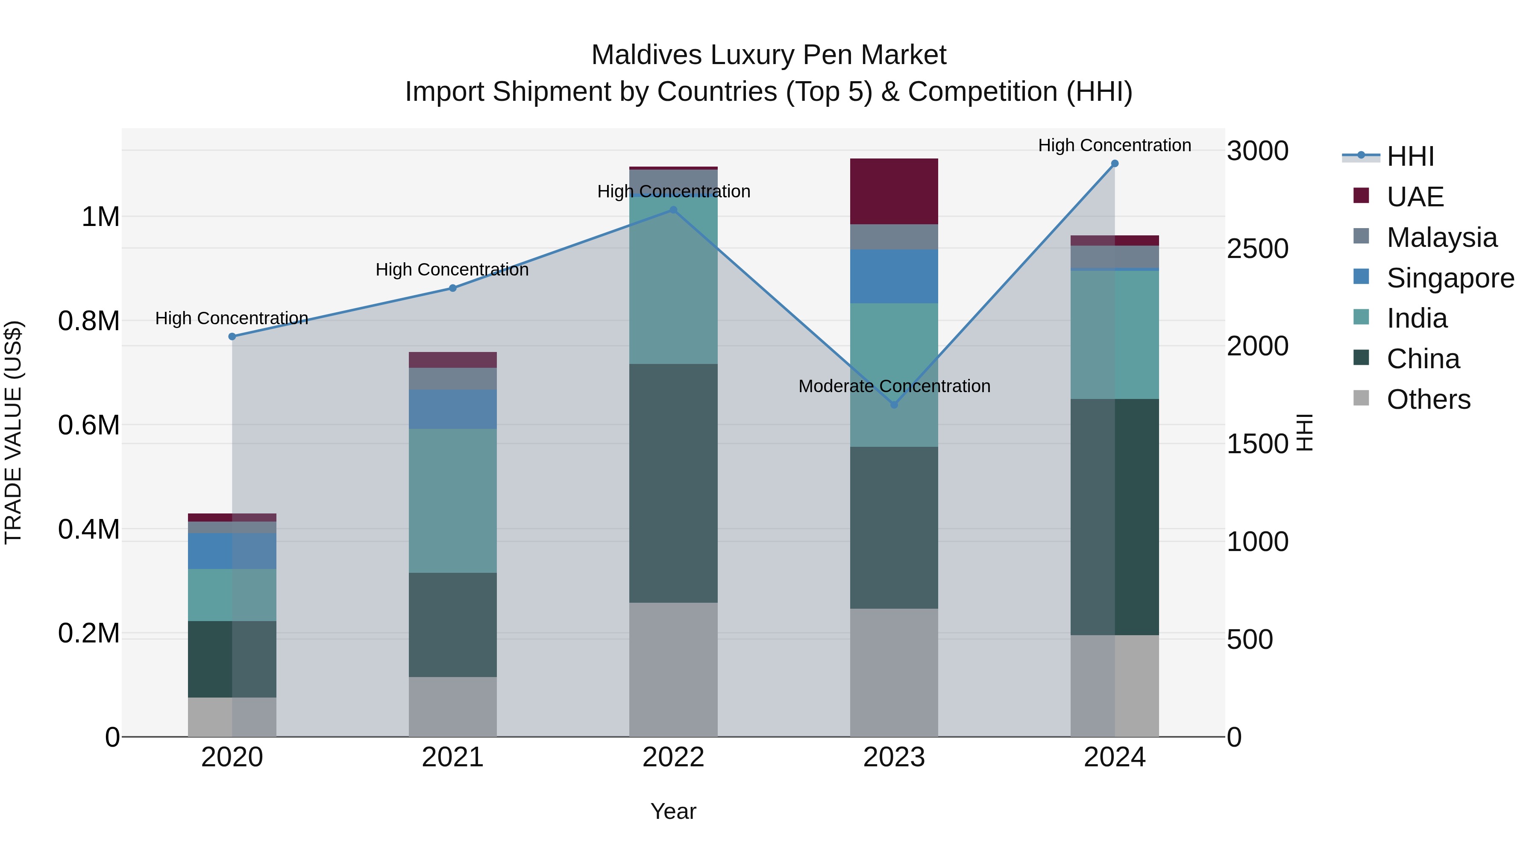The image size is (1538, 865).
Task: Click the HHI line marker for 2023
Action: click(894, 405)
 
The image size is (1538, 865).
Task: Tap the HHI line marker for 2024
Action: click(1114, 164)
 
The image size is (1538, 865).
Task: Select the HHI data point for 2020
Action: click(232, 337)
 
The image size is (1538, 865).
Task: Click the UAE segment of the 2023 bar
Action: click(894, 191)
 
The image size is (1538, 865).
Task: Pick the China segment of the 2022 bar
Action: click(673, 483)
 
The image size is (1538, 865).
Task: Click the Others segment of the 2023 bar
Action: click(894, 672)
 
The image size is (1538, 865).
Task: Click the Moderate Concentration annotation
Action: click(894, 386)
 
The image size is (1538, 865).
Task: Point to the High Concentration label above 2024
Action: click(1114, 145)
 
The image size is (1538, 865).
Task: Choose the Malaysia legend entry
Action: click(1441, 238)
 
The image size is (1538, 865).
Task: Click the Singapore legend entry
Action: click(1450, 278)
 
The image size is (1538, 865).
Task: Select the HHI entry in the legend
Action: click(1410, 156)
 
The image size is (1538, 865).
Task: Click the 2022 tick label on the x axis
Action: click(673, 757)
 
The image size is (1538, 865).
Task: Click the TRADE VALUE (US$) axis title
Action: click(13, 432)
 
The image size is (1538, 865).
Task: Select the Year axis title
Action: click(673, 811)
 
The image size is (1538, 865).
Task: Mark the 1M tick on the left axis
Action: click(100, 217)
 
